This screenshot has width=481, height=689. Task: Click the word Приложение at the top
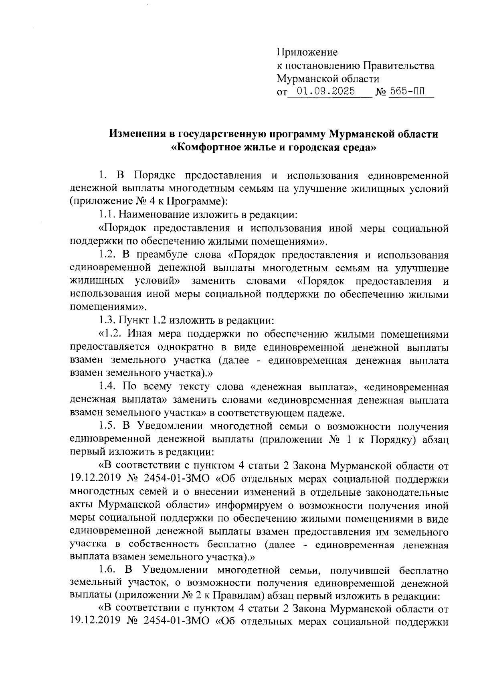307,53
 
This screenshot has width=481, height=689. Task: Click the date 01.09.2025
323,91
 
